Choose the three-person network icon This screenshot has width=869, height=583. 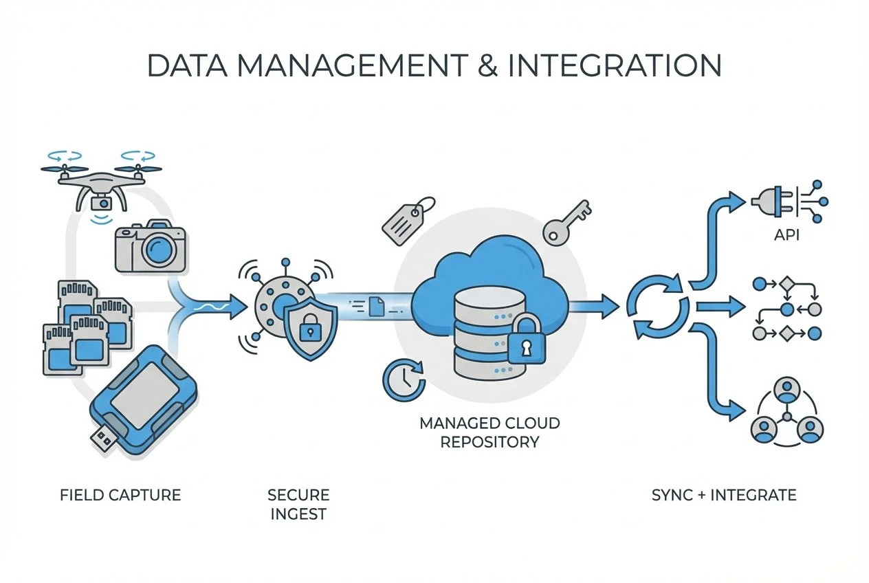click(785, 412)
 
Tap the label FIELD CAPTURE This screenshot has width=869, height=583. click(120, 495)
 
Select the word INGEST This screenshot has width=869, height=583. click(298, 514)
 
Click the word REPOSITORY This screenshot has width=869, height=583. click(489, 442)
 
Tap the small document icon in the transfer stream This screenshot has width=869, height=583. click(377, 306)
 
